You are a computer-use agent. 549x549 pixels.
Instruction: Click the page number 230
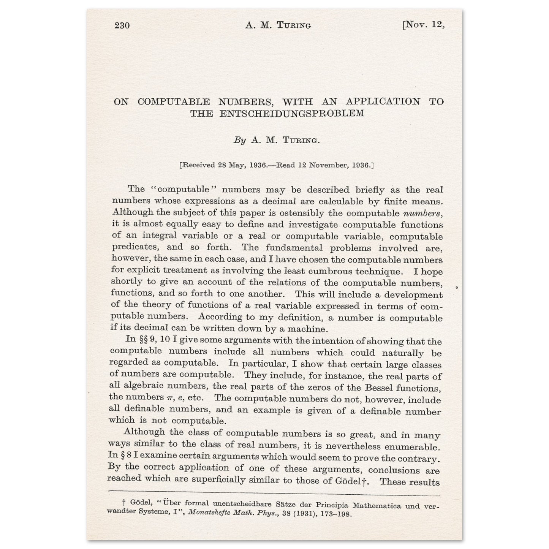click(122, 25)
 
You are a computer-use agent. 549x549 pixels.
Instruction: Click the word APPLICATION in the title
click(383, 101)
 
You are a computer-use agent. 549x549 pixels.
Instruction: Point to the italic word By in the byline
click(240, 140)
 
